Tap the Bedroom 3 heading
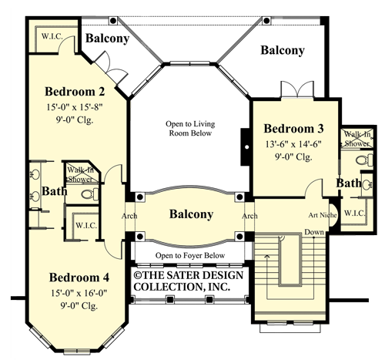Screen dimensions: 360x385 coord(295,128)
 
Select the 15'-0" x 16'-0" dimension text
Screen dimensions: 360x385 coord(83,293)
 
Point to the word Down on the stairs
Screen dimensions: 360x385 coord(313,232)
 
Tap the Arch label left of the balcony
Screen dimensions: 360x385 coord(129,216)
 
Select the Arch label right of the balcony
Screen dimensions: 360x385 coord(249,216)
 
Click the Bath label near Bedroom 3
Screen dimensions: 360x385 coord(348,183)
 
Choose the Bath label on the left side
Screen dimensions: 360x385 coord(53,190)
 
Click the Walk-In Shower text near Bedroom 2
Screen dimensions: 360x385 coord(80,173)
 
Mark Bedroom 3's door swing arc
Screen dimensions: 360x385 coord(314,187)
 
